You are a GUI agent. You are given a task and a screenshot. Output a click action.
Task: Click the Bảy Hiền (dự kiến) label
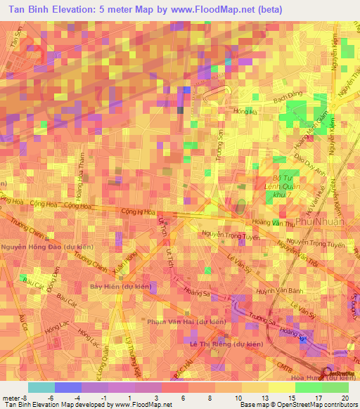tap(120, 286)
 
